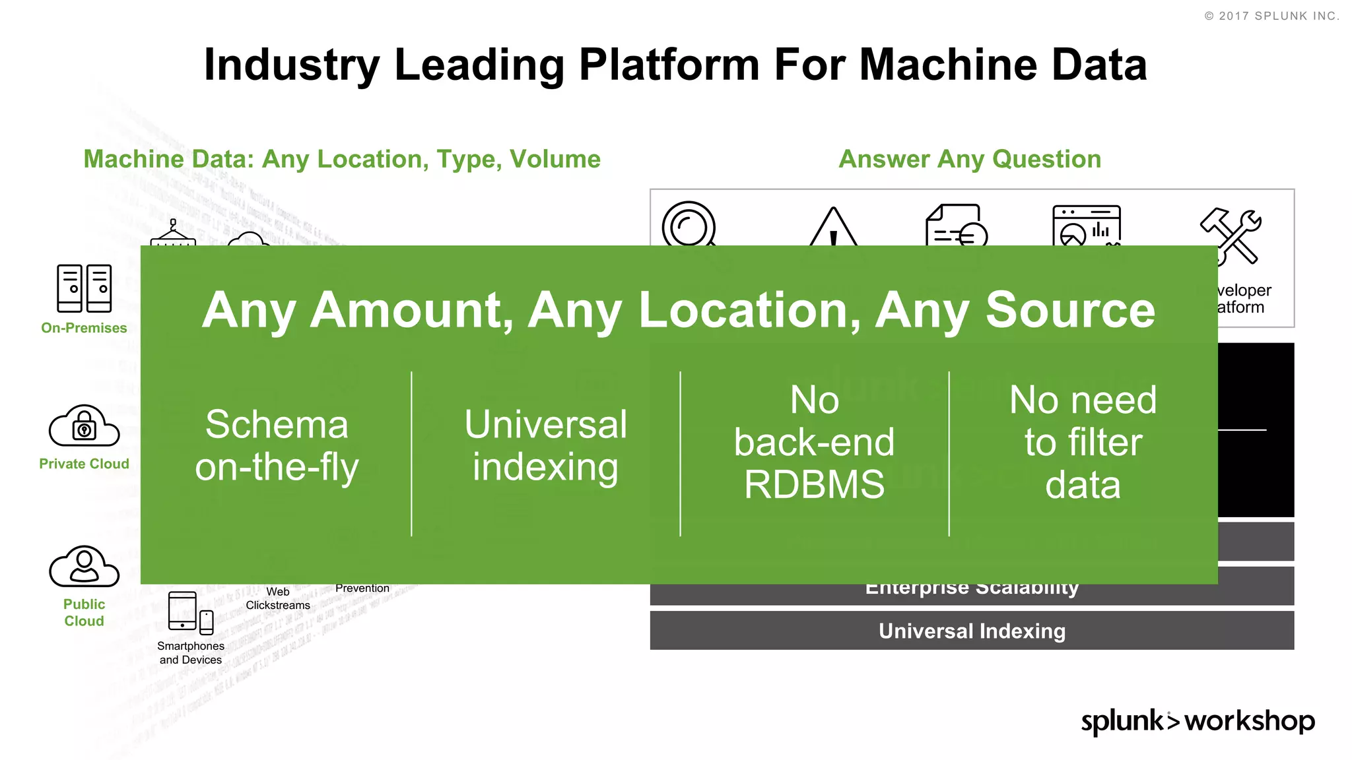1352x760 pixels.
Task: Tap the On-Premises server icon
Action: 84,288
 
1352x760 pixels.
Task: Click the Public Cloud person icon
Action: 84,566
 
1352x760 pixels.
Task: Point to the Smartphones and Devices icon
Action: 190,613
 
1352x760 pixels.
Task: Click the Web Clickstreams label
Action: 278,598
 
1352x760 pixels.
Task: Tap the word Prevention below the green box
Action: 362,588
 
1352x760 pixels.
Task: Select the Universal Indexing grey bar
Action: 971,631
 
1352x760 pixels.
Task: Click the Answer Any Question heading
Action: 969,159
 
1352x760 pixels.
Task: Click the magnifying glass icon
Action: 689,225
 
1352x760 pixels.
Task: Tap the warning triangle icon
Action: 833,228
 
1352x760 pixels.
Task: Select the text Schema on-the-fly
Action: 277,445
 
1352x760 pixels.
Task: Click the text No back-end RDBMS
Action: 814,442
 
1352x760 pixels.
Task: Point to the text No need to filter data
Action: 1083,442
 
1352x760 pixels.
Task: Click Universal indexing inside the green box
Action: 545,445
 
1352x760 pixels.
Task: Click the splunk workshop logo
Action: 1197,721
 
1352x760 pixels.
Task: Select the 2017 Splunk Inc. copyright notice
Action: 1271,16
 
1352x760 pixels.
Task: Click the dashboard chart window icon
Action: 1086,225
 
